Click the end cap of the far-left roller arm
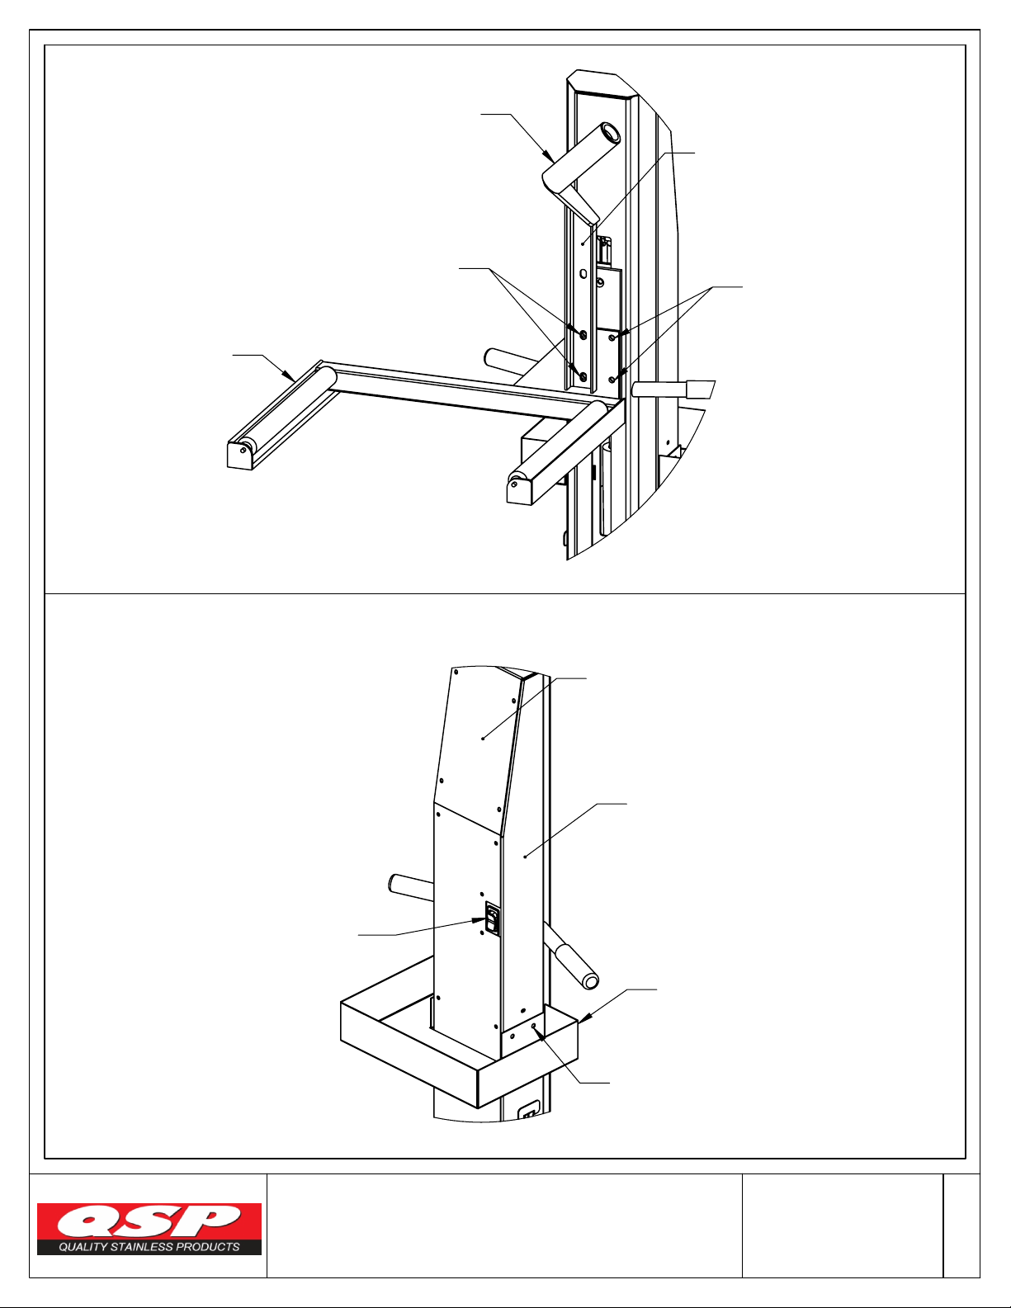coord(239,456)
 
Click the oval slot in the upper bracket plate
coord(583,275)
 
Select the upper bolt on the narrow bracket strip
coord(583,334)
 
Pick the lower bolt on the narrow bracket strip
coord(583,376)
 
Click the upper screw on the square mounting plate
coord(612,338)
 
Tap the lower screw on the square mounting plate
coord(612,380)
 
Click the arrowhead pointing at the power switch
coord(479,920)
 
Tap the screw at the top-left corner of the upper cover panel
coord(456,671)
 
